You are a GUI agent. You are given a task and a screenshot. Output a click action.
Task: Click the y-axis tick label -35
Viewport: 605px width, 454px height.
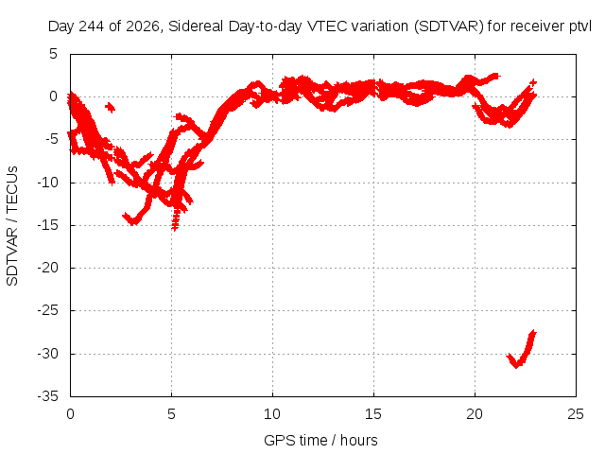48,396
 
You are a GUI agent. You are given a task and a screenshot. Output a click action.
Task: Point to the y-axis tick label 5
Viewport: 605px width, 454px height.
53,54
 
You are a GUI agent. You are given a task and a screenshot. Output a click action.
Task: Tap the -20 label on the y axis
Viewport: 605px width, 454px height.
48,268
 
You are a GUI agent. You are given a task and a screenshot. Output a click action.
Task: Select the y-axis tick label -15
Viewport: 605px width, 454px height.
48,225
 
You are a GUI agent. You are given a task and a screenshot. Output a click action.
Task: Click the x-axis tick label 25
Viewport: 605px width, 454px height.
576,414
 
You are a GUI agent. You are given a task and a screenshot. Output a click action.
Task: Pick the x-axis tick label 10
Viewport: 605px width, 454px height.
272,414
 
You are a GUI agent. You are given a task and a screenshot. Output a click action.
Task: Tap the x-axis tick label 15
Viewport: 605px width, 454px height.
373,414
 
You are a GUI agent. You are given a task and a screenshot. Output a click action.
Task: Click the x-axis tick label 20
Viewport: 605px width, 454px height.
475,414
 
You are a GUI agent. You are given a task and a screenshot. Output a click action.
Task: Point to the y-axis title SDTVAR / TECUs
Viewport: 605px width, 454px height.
12,226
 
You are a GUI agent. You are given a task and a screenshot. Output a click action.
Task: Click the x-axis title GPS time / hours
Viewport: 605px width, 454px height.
320,441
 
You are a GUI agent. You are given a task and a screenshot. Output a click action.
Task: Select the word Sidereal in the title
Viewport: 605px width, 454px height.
196,26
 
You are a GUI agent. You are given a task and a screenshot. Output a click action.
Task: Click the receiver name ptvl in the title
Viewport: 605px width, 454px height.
580,26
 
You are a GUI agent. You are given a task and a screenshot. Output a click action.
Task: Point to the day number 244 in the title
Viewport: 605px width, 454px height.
91,26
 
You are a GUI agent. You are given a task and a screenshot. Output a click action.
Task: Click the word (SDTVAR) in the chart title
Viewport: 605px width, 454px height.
448,26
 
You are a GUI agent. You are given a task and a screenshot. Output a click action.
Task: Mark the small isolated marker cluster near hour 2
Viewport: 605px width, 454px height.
110,107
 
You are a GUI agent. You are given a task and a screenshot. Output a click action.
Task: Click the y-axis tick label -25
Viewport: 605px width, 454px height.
48,310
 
